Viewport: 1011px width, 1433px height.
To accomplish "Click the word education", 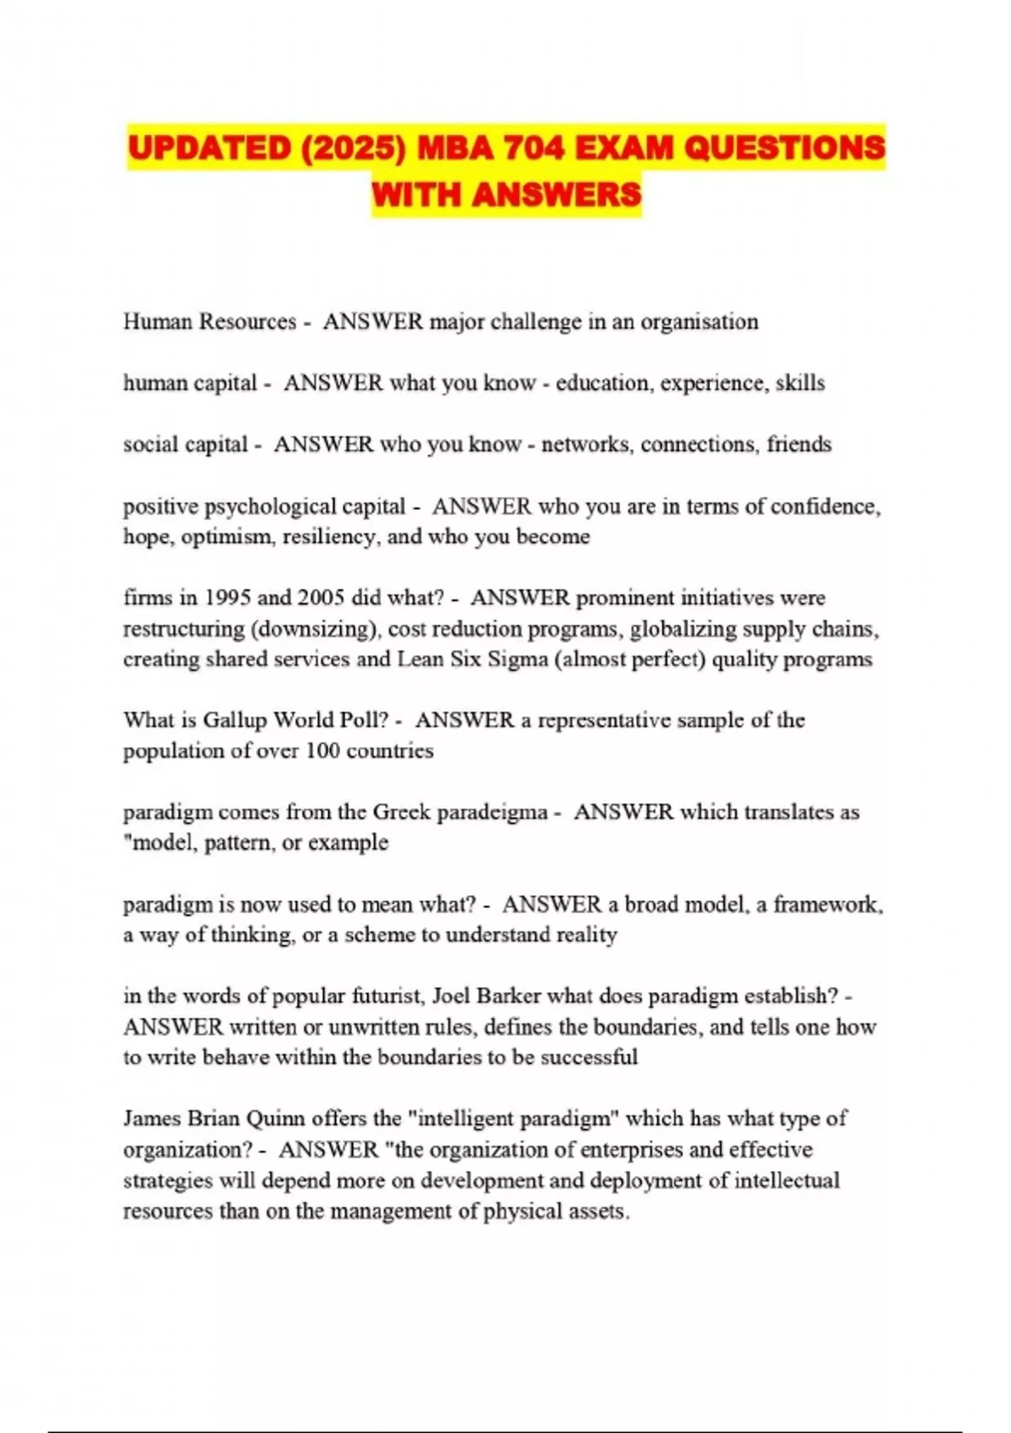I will [x=603, y=384].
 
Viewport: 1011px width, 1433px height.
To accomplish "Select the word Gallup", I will [x=236, y=721].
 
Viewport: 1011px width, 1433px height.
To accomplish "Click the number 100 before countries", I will [x=322, y=751].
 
